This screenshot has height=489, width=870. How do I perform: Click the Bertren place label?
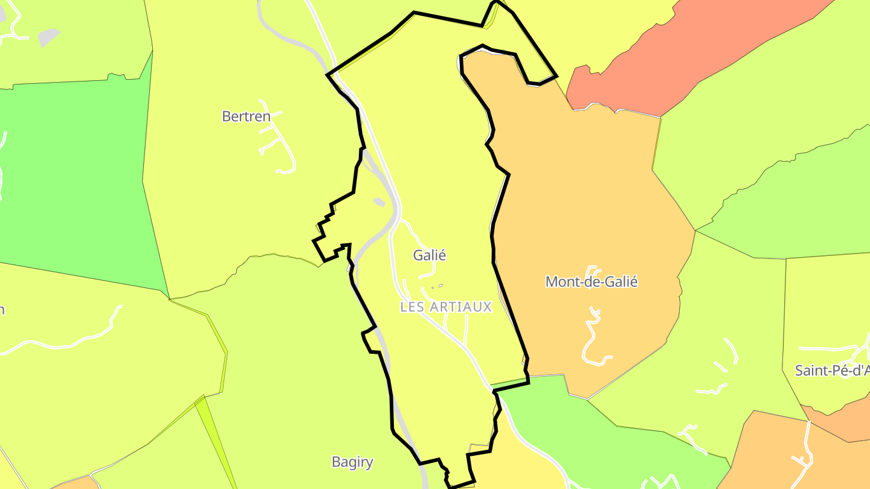coord(246,117)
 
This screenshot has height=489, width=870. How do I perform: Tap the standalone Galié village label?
coord(429,255)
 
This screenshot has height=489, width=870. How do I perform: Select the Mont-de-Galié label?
coord(591,282)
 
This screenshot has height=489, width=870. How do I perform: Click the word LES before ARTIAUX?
coord(412,307)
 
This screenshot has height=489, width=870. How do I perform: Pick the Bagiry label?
coord(352,462)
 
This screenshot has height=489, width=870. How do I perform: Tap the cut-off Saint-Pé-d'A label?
coord(832,371)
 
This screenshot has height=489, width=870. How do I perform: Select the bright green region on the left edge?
coord(72,181)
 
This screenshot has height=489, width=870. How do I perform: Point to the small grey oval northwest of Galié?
coord(379,202)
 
